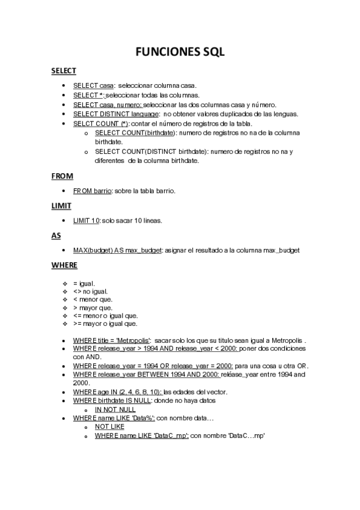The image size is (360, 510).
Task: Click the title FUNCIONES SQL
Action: tap(180, 52)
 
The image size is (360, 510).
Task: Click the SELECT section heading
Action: tap(63, 71)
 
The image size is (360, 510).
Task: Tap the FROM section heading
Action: tap(62, 176)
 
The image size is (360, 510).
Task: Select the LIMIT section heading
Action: tap(61, 206)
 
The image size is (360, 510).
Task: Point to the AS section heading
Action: tap(56, 235)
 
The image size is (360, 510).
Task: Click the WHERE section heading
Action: tap(64, 265)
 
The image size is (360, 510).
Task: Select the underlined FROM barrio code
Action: tap(93, 191)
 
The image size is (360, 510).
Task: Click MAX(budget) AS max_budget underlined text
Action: tap(117, 250)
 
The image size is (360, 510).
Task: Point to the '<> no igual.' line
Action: tap(91, 291)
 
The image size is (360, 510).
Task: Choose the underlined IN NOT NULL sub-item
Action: tap(115, 409)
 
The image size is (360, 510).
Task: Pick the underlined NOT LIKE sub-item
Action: tap(109, 426)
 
